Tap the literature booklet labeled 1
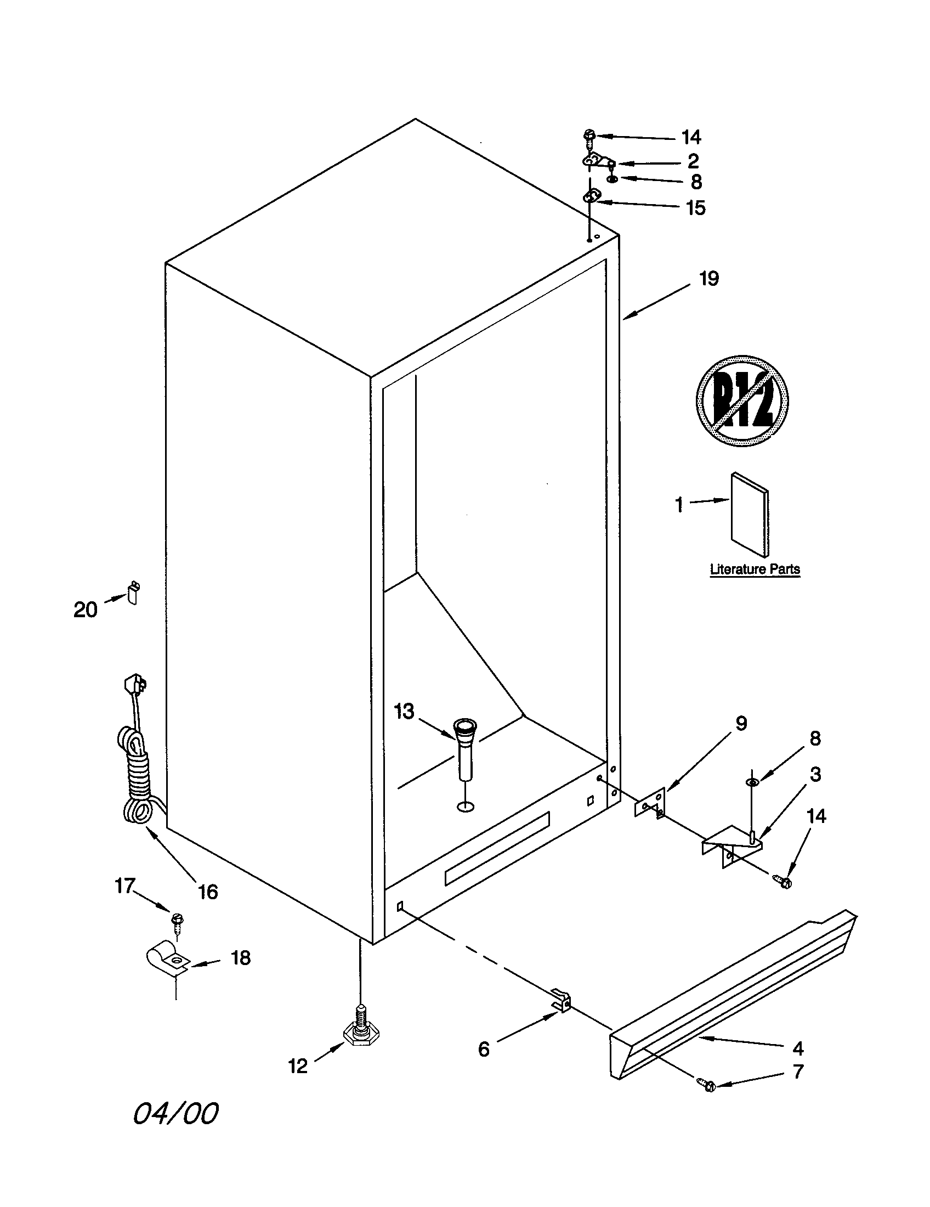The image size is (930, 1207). click(x=750, y=515)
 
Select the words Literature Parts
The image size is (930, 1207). click(x=755, y=569)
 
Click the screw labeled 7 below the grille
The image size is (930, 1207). click(x=707, y=1084)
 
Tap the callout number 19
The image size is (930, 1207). click(x=709, y=279)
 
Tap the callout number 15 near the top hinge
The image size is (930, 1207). click(x=695, y=208)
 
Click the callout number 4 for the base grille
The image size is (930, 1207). click(x=797, y=1047)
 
